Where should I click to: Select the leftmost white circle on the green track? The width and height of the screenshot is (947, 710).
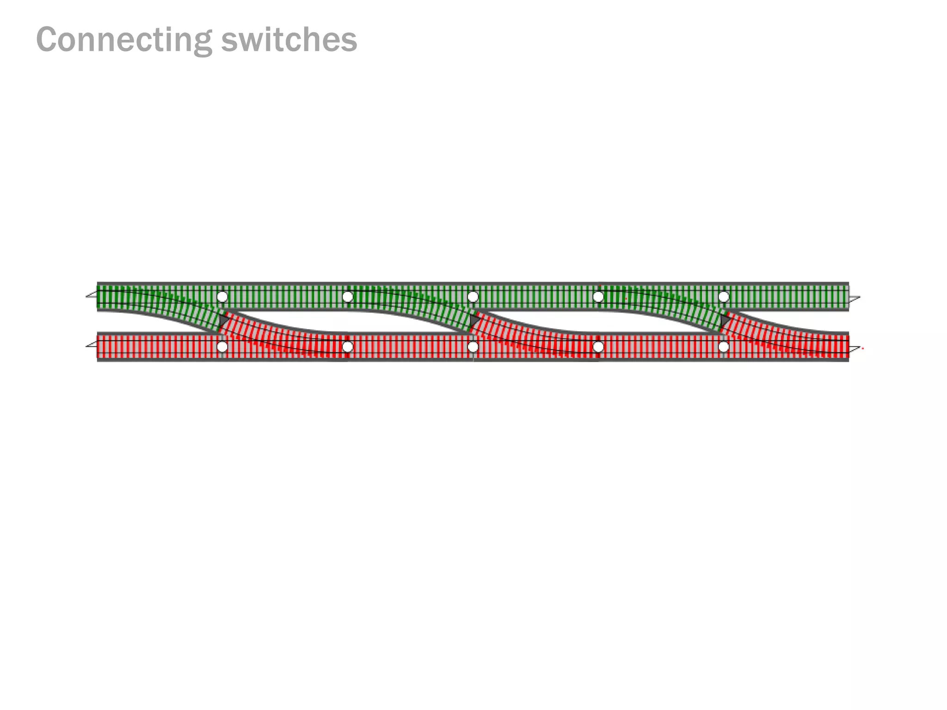click(222, 297)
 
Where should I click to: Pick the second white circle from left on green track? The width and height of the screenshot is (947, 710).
click(348, 297)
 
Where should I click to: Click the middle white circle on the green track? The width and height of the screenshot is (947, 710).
click(473, 297)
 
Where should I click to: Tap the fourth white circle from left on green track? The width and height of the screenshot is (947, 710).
click(598, 297)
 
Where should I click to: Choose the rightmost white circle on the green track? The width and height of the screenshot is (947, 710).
click(724, 297)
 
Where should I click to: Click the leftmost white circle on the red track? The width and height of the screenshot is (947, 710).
click(222, 347)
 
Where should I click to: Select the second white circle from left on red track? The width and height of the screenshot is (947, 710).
click(348, 347)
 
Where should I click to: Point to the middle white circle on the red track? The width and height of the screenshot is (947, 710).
click(473, 347)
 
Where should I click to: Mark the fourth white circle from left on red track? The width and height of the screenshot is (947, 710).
click(598, 347)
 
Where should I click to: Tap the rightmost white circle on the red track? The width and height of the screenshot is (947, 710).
click(724, 347)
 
